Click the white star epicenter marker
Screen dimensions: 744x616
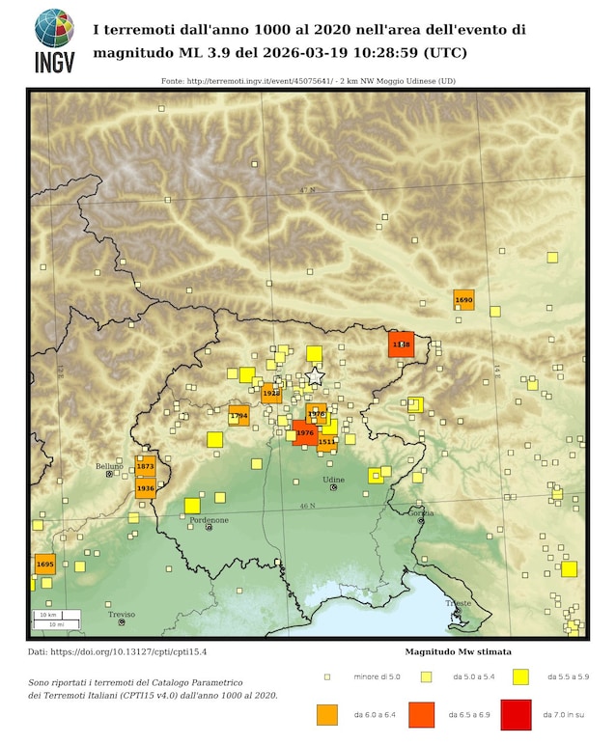(315, 376)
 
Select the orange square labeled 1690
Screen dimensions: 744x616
(463, 300)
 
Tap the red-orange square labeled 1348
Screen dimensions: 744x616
(401, 344)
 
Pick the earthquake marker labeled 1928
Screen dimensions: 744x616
(271, 393)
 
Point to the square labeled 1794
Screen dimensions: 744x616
(238, 415)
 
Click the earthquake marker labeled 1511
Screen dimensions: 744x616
(326, 441)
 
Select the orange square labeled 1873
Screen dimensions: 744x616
(146, 466)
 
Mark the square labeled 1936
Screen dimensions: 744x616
(146, 488)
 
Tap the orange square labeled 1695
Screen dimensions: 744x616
(44, 563)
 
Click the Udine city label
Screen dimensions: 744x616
(333, 480)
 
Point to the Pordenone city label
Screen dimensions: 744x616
(210, 520)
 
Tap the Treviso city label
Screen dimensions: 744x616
(122, 614)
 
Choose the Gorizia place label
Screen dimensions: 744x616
(422, 512)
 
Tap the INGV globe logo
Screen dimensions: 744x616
(54, 29)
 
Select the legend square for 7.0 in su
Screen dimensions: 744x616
(517, 714)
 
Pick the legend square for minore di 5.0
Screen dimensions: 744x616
(327, 676)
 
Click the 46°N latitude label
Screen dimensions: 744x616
(307, 506)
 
